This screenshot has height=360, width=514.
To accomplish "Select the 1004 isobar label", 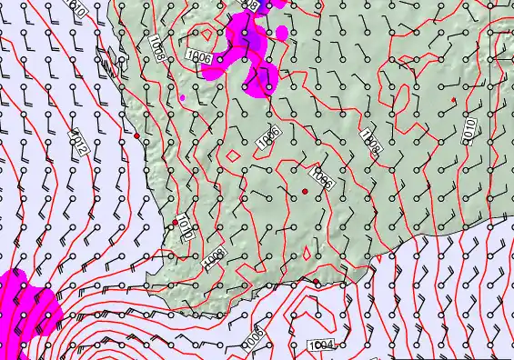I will pos(322,345).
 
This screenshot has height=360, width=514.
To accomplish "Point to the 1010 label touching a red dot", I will pos(182,225).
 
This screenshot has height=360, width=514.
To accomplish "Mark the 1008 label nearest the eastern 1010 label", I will pos(370,138).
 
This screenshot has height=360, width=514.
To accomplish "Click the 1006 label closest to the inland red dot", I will pos(322,177).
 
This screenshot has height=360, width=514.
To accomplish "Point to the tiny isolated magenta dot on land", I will pos(183,96).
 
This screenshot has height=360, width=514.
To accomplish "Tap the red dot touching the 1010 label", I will pos(175,223).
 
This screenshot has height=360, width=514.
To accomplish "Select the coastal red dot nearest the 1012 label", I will pos(136,135).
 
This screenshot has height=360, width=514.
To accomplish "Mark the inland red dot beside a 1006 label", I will pos(305,190).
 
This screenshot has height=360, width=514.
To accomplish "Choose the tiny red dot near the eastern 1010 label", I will pos(452,98).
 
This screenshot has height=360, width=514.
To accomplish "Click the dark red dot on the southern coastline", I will pos(317,283).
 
